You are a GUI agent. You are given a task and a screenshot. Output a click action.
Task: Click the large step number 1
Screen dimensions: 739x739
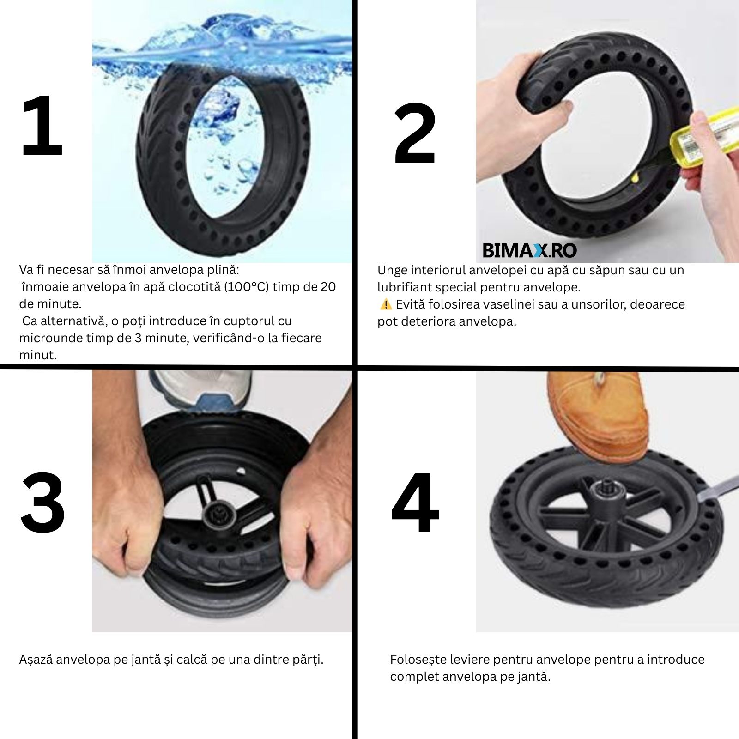42,125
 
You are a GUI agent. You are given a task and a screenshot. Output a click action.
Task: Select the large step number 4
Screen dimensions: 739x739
415,502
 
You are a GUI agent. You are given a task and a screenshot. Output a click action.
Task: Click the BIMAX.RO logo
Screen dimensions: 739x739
529,250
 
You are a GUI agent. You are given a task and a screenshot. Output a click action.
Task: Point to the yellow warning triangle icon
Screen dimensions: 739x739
386,304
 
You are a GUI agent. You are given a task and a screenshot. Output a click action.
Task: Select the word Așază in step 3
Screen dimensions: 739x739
36,660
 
